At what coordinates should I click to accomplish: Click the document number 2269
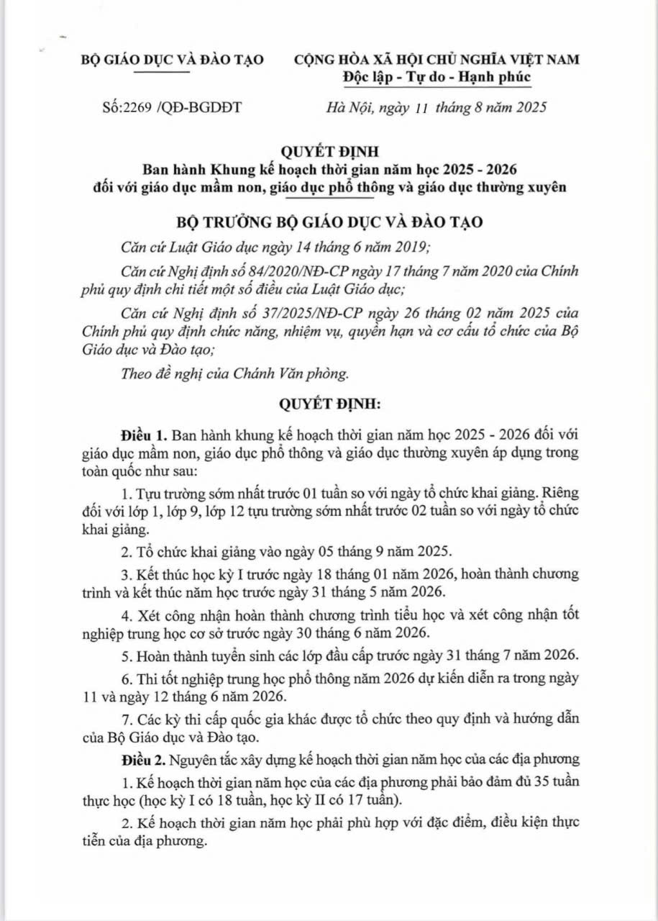(x=139, y=108)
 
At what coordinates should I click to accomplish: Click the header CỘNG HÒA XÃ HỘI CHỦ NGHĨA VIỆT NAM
(x=437, y=59)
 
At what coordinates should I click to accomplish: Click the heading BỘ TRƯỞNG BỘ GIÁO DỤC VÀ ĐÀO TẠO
(x=329, y=222)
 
